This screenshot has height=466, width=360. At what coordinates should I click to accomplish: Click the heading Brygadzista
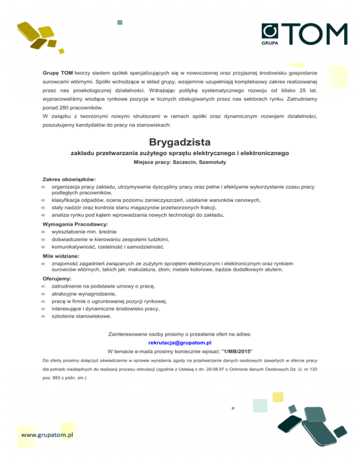[180, 142]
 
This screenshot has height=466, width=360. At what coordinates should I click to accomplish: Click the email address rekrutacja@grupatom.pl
[180, 343]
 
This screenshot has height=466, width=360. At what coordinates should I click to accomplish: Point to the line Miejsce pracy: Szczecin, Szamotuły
[180, 163]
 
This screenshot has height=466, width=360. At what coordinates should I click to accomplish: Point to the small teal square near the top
[120, 22]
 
